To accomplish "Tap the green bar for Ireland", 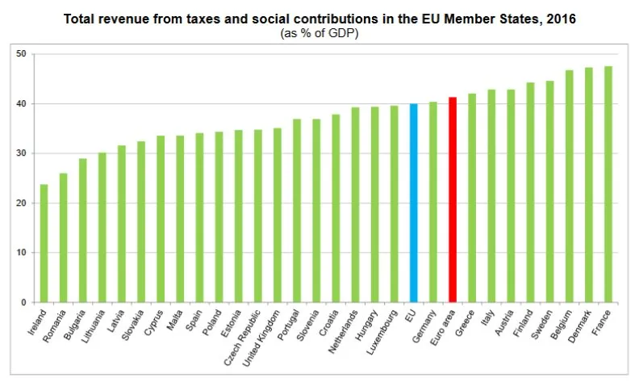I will click(44, 243).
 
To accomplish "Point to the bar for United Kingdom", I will click(278, 215).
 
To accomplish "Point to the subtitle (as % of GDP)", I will click(320, 34).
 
